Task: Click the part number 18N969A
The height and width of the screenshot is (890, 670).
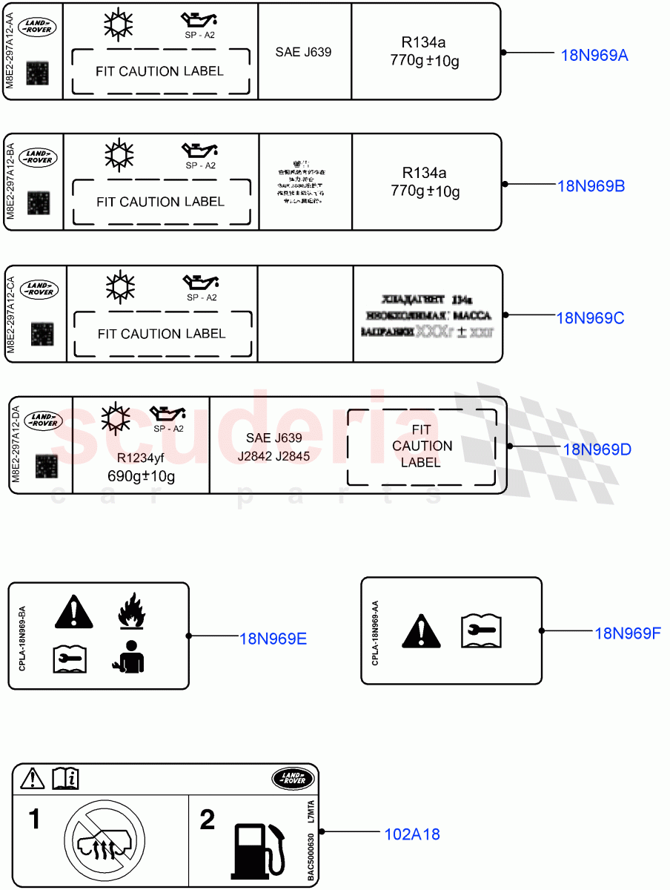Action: coord(594,54)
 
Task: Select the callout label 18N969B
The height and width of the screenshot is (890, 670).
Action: coord(591,185)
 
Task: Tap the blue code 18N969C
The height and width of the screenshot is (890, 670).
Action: coord(591,317)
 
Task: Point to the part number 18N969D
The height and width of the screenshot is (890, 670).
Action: coord(597,449)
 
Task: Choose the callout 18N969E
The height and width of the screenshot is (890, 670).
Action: coord(273,638)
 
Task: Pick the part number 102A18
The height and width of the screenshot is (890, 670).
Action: coord(412,834)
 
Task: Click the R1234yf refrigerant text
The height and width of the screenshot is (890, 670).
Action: coord(142,458)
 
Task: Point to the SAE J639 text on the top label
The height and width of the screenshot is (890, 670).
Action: coord(303,52)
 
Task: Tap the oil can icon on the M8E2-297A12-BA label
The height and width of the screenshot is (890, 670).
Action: coord(200,151)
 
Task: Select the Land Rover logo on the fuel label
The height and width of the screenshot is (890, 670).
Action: coord(293,779)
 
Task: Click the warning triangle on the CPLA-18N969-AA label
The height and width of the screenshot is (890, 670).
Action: coord(421,631)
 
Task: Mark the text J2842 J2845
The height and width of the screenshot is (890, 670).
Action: coord(273,457)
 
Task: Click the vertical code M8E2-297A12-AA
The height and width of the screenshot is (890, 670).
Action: coord(10,52)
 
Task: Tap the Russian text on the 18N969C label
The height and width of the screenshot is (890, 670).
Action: coord(427,317)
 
